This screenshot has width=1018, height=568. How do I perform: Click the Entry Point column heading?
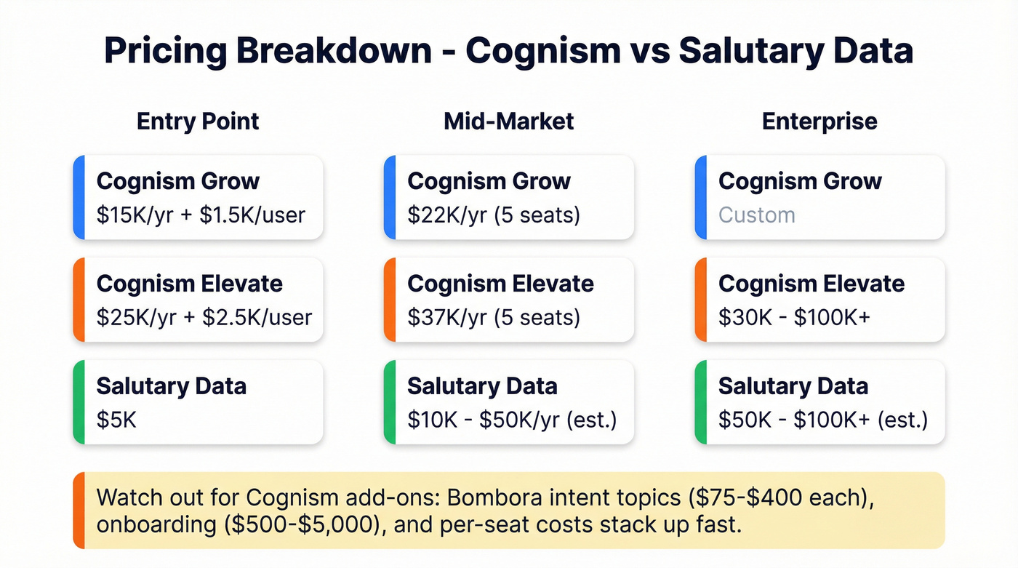(198, 121)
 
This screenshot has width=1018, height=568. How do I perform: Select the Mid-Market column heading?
(508, 121)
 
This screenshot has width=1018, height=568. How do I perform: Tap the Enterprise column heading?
(819, 121)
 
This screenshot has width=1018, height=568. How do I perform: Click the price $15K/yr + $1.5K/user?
(201, 215)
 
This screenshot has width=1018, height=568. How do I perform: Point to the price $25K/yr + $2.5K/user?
(204, 318)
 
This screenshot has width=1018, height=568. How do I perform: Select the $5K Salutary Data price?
(116, 420)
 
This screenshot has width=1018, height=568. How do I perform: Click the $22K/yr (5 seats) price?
(494, 215)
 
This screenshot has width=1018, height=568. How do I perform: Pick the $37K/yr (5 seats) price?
(494, 318)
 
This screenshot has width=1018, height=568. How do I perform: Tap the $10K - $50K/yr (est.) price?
(512, 420)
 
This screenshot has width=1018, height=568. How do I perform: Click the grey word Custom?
(756, 215)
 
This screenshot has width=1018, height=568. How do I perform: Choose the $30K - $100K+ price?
(794, 318)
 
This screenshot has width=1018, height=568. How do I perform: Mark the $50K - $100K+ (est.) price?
(823, 420)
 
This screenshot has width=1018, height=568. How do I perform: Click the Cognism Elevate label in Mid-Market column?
(500, 284)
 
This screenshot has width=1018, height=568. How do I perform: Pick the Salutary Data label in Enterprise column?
(793, 385)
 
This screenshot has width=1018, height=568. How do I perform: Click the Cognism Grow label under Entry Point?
(178, 181)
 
